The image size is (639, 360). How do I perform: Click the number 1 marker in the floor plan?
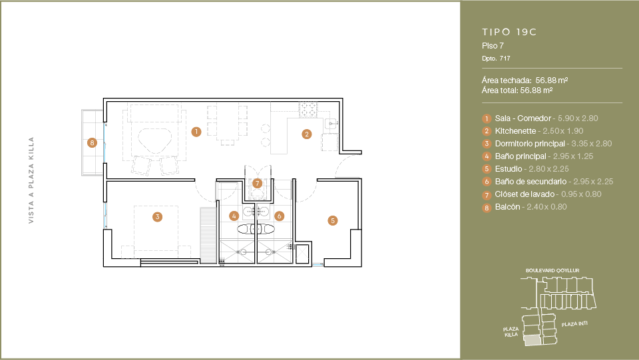tap(196, 132)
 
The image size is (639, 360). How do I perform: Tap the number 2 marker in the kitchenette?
tap(306, 134)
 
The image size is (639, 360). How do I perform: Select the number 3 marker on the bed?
tap(157, 217)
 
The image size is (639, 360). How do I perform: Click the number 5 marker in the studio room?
tap(333, 221)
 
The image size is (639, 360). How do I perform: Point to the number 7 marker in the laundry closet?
tap(257, 183)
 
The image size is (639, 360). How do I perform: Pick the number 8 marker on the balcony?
tap(92, 142)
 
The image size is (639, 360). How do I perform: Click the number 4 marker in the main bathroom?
tap(234, 216)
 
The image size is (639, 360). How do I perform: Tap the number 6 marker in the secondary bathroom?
tap(279, 216)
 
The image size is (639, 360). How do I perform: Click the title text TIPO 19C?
tap(509, 32)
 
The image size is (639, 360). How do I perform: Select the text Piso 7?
tap(493, 46)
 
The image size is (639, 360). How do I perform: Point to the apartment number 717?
tap(505, 59)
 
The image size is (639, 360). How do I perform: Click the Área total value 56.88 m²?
tap(536, 90)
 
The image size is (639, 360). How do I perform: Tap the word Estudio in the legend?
tap(508, 169)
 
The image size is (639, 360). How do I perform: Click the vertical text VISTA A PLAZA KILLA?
tap(31, 180)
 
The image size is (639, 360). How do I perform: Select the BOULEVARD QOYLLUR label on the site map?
tap(552, 270)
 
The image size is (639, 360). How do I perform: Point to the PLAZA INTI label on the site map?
tap(574, 324)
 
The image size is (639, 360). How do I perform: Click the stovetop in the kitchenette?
tap(308, 110)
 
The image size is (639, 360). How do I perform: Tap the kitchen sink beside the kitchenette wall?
tap(331, 122)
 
